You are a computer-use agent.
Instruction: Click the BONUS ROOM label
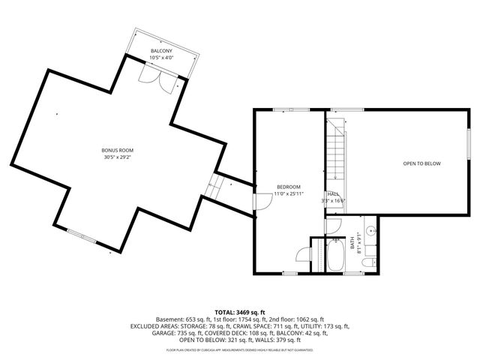117,151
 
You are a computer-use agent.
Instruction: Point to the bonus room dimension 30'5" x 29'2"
117,157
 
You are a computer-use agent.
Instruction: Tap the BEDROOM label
289,187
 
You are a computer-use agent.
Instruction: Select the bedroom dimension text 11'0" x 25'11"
289,193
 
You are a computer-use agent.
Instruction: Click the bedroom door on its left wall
262,202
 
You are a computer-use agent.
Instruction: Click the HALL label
331,194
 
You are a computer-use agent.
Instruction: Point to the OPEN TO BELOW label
421,163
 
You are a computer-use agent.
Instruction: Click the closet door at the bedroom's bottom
303,254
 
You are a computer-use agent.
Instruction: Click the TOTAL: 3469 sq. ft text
240,311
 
